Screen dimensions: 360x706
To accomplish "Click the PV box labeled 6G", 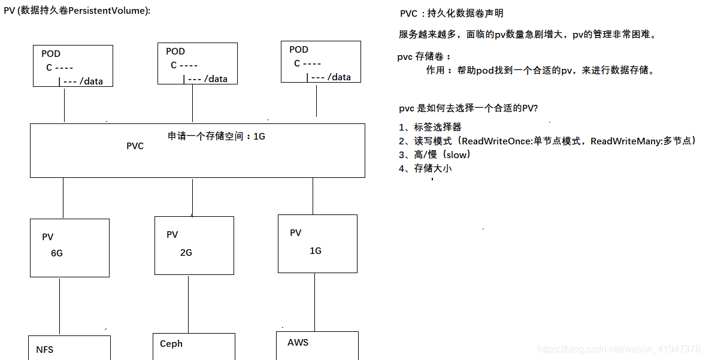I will point(69,247).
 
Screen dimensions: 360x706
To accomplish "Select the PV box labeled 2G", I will point(194,246).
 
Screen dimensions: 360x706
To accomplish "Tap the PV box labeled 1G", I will point(317,243).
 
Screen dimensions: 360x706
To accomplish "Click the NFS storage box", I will point(69,349).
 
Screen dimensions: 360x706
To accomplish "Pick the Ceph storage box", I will point(193,346).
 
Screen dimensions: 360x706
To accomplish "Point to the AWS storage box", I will point(317,345).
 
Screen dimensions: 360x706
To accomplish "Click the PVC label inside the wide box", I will point(135,146).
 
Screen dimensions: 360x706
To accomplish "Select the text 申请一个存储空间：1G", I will point(216,136).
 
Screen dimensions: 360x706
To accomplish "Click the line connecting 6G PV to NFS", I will point(60,305).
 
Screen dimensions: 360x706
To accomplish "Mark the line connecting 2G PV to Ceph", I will point(188,304).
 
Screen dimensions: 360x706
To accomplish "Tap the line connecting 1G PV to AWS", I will point(313,302).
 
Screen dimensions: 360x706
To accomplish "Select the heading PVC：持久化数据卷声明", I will point(452,13).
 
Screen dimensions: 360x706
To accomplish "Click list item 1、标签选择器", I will point(430,127).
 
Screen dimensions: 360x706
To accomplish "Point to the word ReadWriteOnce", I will point(493,141).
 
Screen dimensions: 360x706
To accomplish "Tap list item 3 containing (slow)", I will point(435,155).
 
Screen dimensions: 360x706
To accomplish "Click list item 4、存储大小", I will point(425,168).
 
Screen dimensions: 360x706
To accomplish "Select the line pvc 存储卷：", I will point(424,57).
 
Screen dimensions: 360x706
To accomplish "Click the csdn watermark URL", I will point(619,349).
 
